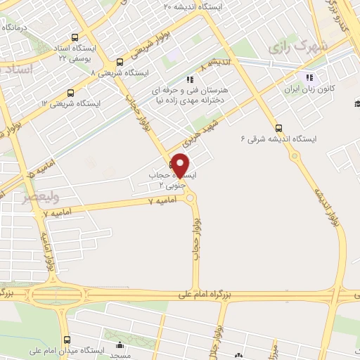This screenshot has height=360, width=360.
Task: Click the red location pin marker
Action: [181, 164]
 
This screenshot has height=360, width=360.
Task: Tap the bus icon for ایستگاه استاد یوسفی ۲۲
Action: [75, 39]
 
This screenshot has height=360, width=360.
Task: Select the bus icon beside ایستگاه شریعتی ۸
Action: [120, 62]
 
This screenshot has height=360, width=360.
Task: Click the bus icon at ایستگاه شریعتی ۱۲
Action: [70, 93]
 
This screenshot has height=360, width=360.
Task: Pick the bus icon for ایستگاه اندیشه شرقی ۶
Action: [279, 128]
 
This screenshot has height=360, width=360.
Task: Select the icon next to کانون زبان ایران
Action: [308, 77]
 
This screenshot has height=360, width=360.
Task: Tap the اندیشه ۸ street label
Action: [213, 65]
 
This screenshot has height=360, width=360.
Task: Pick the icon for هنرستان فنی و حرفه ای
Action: [188, 79]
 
